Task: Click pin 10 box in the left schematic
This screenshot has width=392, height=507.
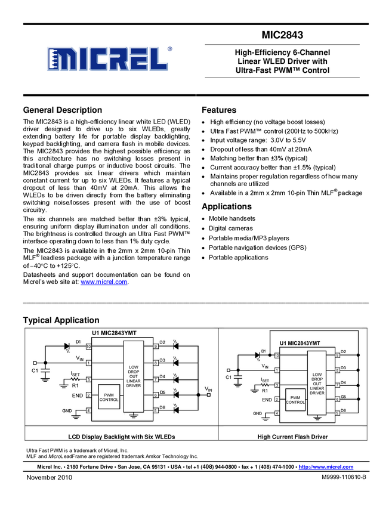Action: (88, 347)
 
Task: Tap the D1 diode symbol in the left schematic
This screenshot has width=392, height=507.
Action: (67, 346)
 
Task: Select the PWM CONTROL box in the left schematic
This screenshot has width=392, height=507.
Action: (109, 397)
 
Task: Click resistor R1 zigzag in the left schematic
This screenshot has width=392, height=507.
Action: (75, 379)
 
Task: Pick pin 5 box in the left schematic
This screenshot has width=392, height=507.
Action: (155, 410)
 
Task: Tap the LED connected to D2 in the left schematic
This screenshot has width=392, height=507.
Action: (176, 346)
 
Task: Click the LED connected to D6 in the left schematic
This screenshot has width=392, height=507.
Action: (176, 410)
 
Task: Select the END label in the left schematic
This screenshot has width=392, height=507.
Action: (78, 395)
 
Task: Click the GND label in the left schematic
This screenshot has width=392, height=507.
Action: (67, 410)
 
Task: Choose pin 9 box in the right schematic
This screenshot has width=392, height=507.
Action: (337, 355)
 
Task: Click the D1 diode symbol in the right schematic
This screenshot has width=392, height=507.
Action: (258, 355)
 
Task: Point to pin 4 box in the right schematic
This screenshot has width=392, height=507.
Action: (276, 413)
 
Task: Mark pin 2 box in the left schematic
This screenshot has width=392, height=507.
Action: (88, 395)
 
